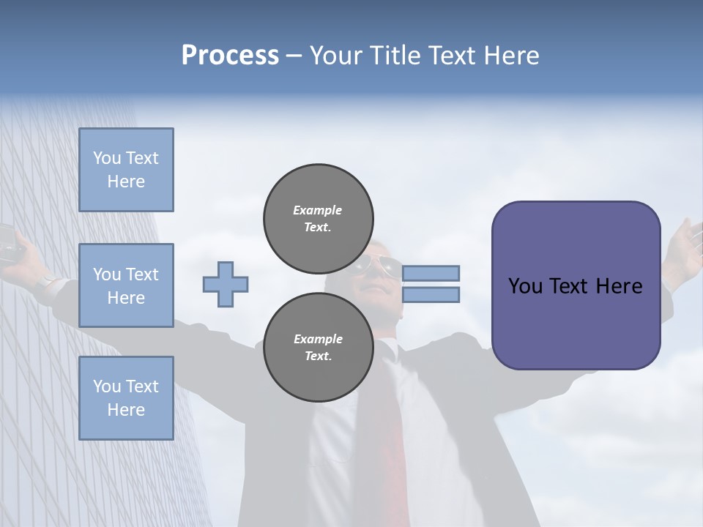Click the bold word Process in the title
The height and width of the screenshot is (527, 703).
point(230,55)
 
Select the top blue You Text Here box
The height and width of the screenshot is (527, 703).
point(126,170)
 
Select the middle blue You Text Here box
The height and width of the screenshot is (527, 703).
point(126,285)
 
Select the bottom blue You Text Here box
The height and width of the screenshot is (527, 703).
point(126,397)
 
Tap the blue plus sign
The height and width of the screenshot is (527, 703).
point(226,284)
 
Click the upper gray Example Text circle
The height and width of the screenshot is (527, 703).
point(319,219)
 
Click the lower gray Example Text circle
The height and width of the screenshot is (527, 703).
point(319,347)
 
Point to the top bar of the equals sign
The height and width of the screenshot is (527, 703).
point(431,273)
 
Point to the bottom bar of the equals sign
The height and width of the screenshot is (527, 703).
point(431,295)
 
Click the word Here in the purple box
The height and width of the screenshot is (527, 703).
point(619,286)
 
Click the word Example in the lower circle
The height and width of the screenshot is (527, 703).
point(318,339)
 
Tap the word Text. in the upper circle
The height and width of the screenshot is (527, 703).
point(318,228)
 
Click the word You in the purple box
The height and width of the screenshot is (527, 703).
point(525,286)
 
